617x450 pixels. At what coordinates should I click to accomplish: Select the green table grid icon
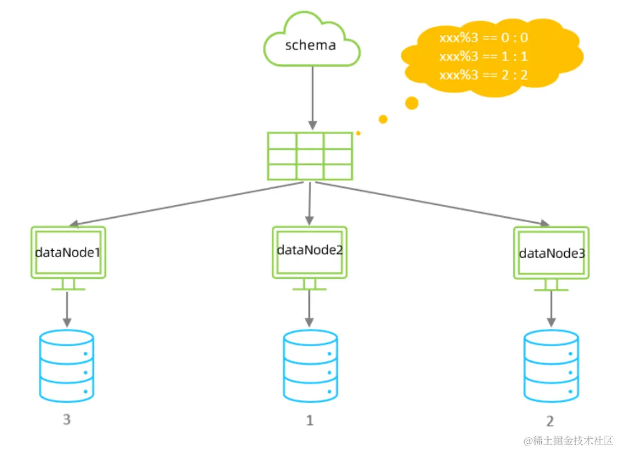click(x=310, y=156)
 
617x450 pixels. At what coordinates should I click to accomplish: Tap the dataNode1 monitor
click(x=68, y=252)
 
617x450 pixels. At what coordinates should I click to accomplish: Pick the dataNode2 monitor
click(x=310, y=251)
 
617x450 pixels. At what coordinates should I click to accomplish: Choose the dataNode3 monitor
click(x=551, y=253)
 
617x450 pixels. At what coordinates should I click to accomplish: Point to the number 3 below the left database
click(x=67, y=419)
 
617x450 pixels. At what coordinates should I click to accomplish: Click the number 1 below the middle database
click(x=309, y=420)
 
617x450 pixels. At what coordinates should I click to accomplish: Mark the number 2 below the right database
click(x=550, y=421)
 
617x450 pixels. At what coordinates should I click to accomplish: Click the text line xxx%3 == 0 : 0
click(x=483, y=38)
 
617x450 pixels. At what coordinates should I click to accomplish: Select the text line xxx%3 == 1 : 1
click(x=483, y=57)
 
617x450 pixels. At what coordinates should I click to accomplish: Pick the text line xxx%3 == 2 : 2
click(x=483, y=75)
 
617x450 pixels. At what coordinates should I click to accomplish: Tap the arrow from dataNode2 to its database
click(x=309, y=308)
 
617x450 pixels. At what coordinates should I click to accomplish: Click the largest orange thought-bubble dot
click(x=412, y=103)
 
